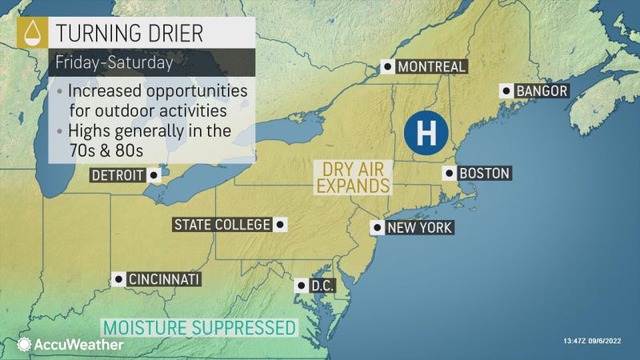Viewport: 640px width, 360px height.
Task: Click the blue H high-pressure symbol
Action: click(x=426, y=132)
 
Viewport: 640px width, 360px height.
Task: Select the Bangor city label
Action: click(x=541, y=90)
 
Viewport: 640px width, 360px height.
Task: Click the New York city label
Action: click(x=419, y=228)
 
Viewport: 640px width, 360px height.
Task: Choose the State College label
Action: click(x=222, y=224)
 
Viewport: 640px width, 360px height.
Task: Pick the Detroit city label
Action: click(x=117, y=174)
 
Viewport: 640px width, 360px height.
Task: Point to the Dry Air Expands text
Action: click(x=351, y=177)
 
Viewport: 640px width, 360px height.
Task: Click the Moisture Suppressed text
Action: click(x=198, y=327)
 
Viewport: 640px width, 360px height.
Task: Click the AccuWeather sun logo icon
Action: click(x=25, y=345)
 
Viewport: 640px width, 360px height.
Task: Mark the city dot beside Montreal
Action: click(x=387, y=67)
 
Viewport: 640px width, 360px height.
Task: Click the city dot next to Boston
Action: click(x=450, y=173)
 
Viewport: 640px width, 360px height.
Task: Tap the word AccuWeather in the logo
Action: click(x=78, y=345)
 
